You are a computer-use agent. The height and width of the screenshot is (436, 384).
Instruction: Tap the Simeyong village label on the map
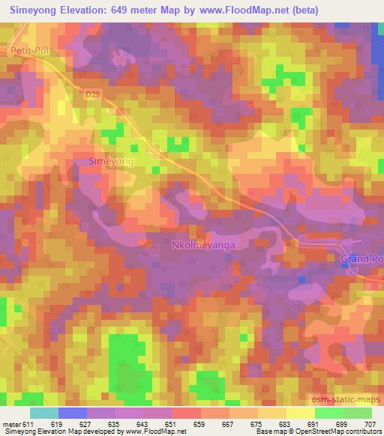(112, 161)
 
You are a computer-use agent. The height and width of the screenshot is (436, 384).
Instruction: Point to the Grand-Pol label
(361, 259)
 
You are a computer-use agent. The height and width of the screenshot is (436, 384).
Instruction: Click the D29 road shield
(91, 94)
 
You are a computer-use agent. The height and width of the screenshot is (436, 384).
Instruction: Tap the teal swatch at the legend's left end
(44, 413)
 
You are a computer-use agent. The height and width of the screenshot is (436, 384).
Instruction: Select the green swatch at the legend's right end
(357, 413)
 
